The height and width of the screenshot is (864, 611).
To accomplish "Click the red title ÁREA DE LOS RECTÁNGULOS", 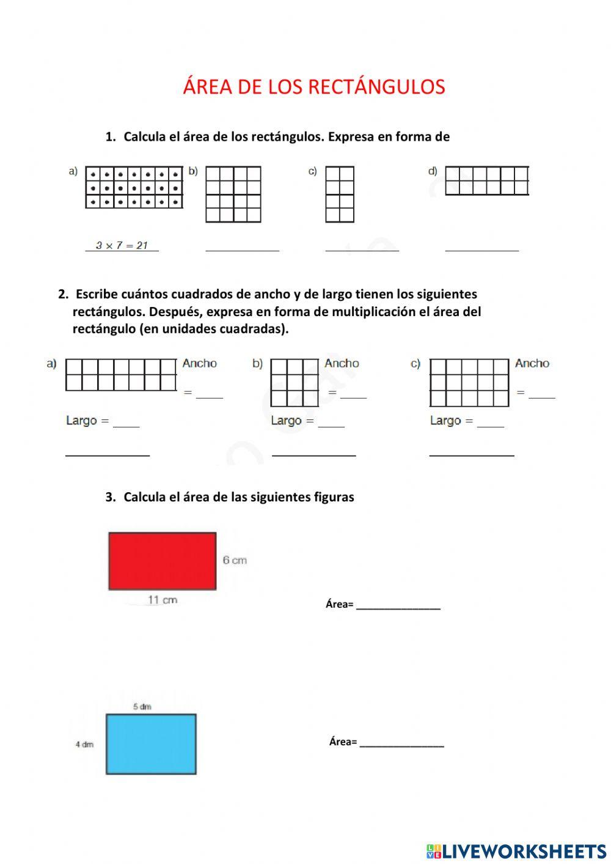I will click(x=313, y=87).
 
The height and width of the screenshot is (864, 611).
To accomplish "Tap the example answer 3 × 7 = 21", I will click(x=122, y=245).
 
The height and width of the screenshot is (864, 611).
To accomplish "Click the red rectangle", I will click(x=162, y=561).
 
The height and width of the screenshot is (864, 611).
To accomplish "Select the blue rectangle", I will click(x=151, y=744).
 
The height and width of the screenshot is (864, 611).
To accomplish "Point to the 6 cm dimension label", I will click(x=235, y=560).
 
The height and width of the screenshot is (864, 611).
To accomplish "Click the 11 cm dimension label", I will click(x=163, y=600).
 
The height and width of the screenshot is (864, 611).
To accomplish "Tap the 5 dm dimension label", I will click(x=142, y=707).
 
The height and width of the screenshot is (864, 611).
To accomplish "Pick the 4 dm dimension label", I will click(x=84, y=744).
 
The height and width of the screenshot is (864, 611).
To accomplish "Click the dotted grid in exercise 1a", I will click(x=134, y=187).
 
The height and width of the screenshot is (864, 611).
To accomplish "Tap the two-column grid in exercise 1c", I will click(x=340, y=194).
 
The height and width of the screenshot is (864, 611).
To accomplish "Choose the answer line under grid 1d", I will click(x=481, y=249).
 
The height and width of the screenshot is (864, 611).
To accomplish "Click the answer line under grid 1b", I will click(x=242, y=249).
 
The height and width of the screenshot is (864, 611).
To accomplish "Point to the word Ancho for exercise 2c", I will click(x=532, y=363).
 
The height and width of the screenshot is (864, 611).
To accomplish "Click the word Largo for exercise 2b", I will click(x=286, y=421).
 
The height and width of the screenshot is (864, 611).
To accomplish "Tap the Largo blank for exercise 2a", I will click(x=126, y=424).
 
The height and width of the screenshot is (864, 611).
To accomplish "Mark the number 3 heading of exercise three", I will click(x=110, y=497).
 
